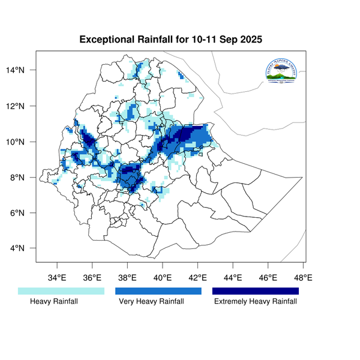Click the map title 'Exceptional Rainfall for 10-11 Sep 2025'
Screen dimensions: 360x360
(x=171, y=40)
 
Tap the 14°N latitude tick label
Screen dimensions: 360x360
(x=25, y=70)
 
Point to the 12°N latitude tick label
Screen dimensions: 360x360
(x=25, y=106)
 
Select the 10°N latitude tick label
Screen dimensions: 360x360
(x=25, y=142)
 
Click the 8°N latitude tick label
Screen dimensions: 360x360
(x=26, y=178)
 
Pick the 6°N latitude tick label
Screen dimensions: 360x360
(x=26, y=213)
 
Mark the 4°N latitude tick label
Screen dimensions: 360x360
(x=26, y=248)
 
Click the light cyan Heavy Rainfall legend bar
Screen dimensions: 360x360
(x=61, y=291)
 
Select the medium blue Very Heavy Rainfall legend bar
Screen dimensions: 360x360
(x=158, y=291)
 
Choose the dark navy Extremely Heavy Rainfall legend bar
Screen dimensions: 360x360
(x=255, y=291)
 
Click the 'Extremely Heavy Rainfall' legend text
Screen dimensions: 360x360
(x=256, y=302)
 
